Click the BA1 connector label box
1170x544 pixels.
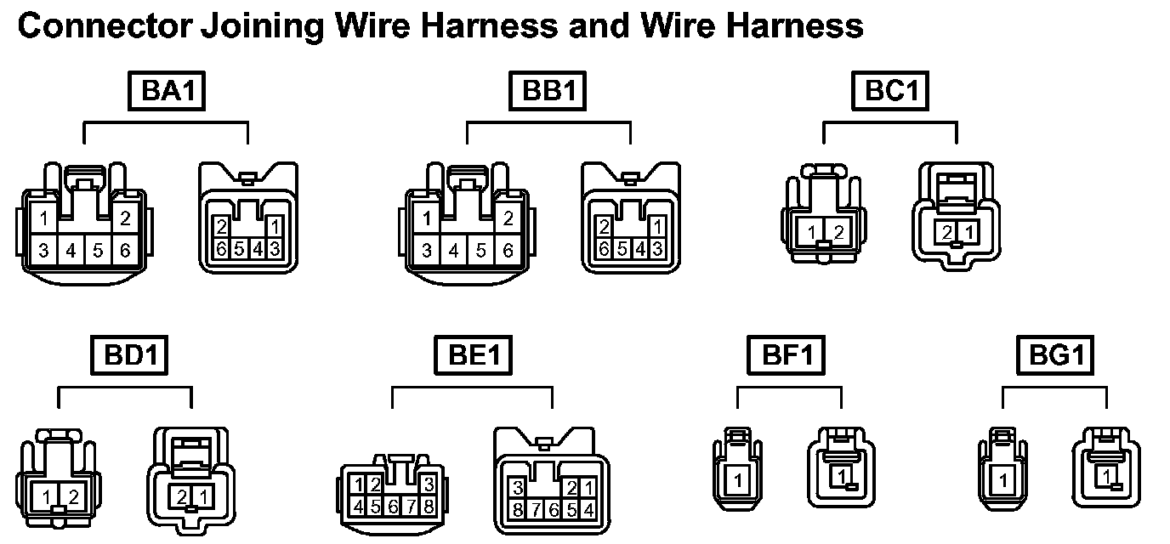[x=167, y=91]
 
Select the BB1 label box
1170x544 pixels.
[x=549, y=91]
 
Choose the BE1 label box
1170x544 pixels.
[x=474, y=355]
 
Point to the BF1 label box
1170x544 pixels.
[x=788, y=355]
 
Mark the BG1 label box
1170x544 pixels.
[x=1054, y=355]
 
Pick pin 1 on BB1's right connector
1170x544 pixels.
[x=656, y=227]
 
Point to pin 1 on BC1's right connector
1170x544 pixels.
[x=968, y=231]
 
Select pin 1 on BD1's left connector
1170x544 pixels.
[x=49, y=497]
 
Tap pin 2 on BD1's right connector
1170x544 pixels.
[x=182, y=496]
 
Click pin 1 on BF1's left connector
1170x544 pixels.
[x=737, y=481]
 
